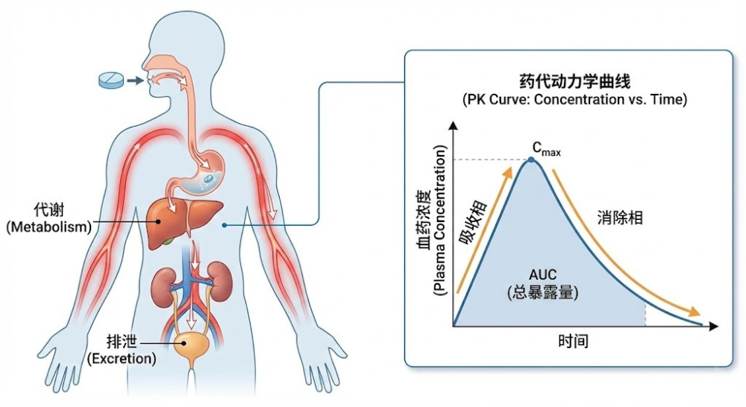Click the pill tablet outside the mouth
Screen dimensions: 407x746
[111, 79]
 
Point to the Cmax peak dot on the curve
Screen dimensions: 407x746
[531, 160]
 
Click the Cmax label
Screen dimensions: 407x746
[546, 150]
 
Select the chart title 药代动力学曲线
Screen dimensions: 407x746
[564, 81]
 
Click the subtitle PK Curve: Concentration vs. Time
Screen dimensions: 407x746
[564, 99]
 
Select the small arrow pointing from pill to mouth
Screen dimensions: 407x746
[135, 80]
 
